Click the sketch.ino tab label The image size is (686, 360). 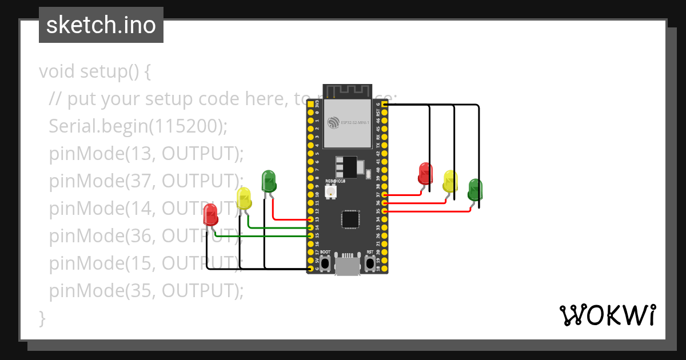click(x=101, y=25)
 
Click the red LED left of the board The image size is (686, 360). click(x=210, y=215)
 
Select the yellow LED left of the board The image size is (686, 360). click(x=244, y=198)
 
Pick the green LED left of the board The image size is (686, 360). click(x=269, y=181)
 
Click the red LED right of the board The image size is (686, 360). click(x=425, y=173)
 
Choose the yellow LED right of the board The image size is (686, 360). click(x=450, y=181)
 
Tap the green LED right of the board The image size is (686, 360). click(x=474, y=190)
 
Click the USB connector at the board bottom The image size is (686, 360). click(x=347, y=266)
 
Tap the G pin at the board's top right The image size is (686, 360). click(x=384, y=105)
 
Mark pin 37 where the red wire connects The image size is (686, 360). click(x=384, y=195)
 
